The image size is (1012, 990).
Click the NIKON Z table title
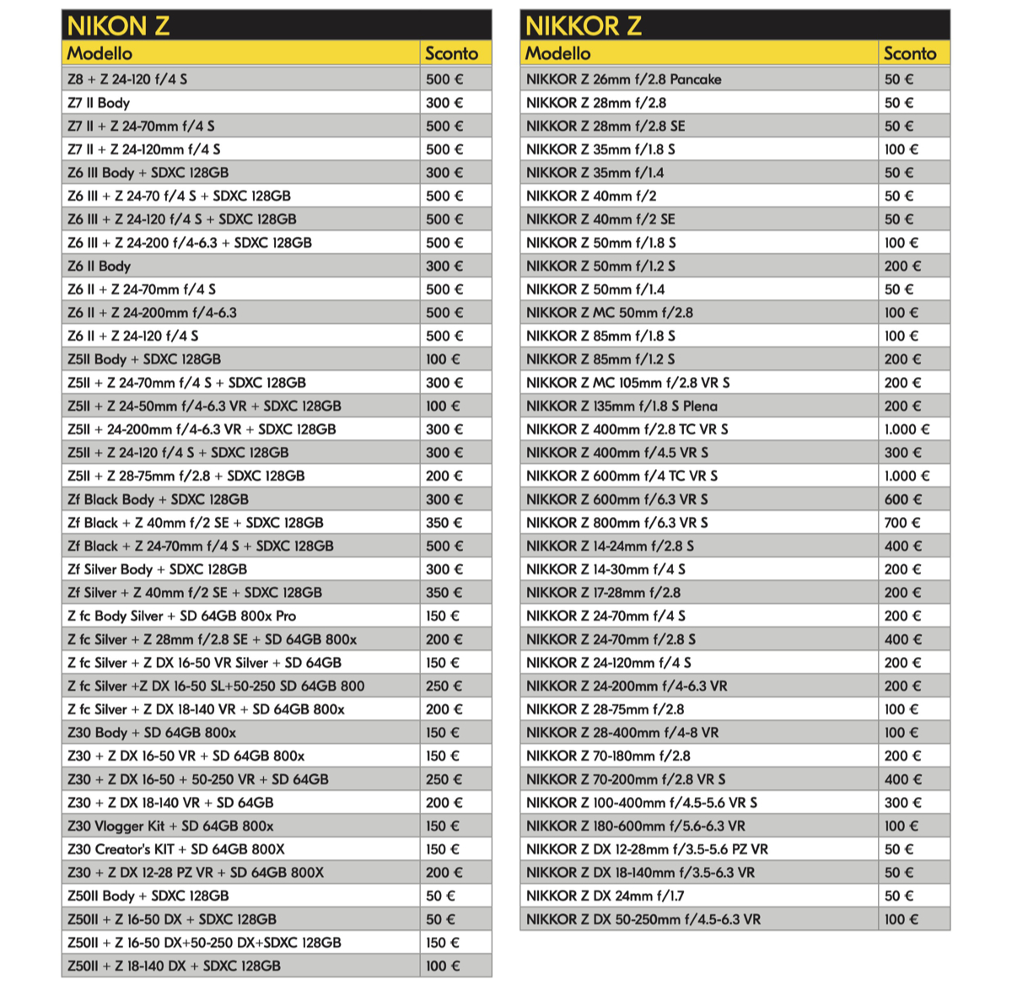pos(119,25)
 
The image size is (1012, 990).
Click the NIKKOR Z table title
pos(583,25)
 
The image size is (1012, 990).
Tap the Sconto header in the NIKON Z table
pos(451,53)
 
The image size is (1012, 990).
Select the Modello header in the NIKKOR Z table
pos(557,53)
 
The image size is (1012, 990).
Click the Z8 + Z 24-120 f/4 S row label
pos(127,79)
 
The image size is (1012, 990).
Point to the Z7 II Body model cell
pos(99,103)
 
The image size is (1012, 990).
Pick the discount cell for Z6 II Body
pos(444,266)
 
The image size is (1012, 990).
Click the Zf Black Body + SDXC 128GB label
pos(158,499)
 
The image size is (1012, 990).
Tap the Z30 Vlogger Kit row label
pos(170,826)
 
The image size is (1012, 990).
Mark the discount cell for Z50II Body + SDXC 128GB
pos(440,896)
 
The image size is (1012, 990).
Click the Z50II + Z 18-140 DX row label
pos(174,966)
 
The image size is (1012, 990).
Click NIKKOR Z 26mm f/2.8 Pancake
pos(623,79)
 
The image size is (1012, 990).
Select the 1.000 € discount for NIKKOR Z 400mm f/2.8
pos(907,429)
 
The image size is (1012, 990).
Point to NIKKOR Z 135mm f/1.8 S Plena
pos(622,406)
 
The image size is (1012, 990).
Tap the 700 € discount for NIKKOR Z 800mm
pos(902,523)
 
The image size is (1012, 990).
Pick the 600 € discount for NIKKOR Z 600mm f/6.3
pos(902,499)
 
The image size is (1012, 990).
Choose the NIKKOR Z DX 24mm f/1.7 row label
pos(605,896)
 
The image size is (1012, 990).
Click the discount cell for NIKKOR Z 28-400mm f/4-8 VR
pos(901,733)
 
